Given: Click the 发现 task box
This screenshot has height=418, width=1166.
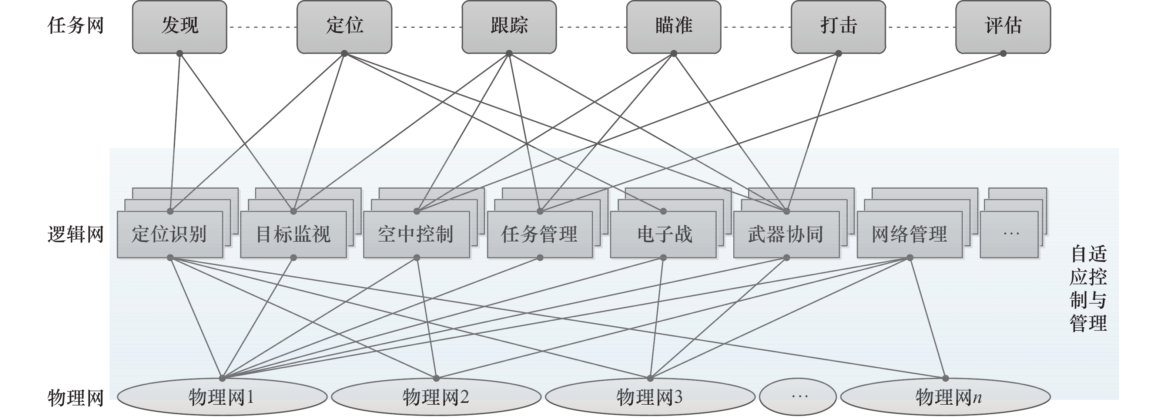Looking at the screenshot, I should pyautogui.click(x=179, y=26).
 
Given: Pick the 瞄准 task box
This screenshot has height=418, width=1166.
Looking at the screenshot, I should pyautogui.click(x=674, y=26).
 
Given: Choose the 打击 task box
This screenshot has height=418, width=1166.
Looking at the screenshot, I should pyautogui.click(x=838, y=26).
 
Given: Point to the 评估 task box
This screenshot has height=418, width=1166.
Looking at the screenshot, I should pyautogui.click(x=1003, y=26).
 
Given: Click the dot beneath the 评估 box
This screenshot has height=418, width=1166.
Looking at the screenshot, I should pyautogui.click(x=1003, y=53).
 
